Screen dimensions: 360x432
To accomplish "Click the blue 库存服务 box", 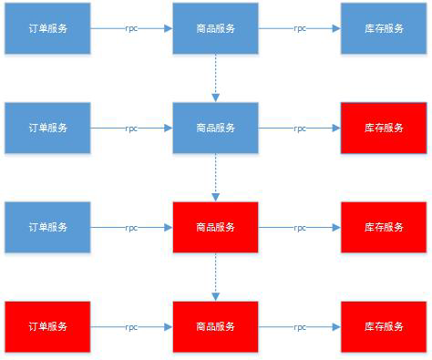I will (x=382, y=28).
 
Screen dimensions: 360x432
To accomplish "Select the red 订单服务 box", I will (x=47, y=326).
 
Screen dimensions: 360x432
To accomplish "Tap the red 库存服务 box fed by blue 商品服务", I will (x=382, y=128).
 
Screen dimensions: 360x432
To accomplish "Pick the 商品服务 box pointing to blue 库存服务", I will (x=215, y=28).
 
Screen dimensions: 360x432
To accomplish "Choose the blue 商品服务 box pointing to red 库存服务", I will (x=215, y=128).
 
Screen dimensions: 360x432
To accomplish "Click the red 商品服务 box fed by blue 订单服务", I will (x=215, y=227).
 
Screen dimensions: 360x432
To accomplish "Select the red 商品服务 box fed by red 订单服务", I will (x=215, y=326).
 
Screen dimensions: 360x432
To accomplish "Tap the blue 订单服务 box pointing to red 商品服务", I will (x=47, y=227).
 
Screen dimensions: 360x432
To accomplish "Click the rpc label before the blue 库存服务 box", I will (x=300, y=28).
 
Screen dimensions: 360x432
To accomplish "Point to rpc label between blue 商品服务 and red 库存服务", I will (x=300, y=129).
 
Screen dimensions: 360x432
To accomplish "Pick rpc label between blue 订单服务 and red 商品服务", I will (x=132, y=228).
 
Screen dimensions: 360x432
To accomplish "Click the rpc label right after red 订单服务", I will (x=132, y=326).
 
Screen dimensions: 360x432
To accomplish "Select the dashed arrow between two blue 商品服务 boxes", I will (x=216, y=77).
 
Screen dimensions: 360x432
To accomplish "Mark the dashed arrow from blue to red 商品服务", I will (x=216, y=177).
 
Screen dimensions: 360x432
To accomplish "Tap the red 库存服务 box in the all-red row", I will (x=382, y=326).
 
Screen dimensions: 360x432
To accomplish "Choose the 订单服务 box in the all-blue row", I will (x=47, y=28).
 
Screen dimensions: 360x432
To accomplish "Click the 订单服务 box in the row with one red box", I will (x=47, y=128).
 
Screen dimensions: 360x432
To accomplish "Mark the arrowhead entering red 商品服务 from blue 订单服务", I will (x=168, y=227).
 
